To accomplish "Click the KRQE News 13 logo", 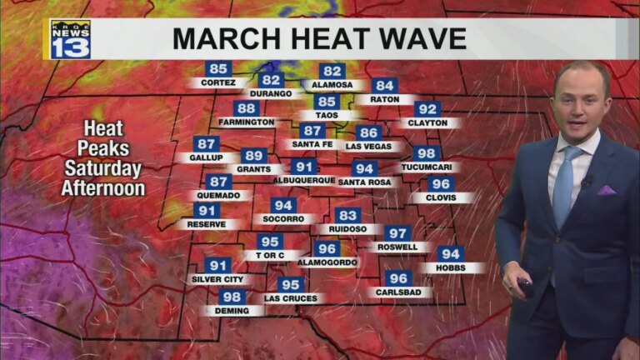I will (x=70, y=39).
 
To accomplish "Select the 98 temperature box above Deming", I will (x=232, y=297).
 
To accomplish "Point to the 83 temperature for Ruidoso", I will (x=348, y=215).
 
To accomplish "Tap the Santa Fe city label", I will (x=312, y=144).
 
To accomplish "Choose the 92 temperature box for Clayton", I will (x=427, y=109).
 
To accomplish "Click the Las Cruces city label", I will (x=288, y=297).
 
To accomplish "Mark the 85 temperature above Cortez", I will (x=218, y=69).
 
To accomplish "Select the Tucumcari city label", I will (x=426, y=167).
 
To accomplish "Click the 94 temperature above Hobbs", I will (x=451, y=254).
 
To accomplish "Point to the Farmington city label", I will (x=246, y=122).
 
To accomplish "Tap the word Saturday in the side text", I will (x=102, y=168).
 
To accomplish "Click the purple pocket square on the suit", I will (x=606, y=190).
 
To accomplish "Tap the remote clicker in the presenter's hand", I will (x=526, y=288).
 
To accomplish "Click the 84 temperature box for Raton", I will (x=384, y=85).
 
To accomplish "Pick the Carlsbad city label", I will (x=398, y=292).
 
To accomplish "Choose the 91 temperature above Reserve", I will (x=207, y=211).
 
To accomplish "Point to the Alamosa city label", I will (x=332, y=85).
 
